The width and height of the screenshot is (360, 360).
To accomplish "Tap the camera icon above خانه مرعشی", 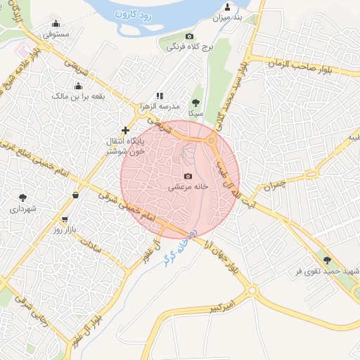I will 188,176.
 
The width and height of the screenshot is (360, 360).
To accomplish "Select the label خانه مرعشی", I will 188,188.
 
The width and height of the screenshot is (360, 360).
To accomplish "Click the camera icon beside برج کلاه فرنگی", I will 189,37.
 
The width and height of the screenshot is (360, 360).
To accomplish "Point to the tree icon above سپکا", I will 196,103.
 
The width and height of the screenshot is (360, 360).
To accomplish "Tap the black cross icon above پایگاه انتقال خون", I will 125,130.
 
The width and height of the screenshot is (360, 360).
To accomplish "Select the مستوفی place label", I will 56,33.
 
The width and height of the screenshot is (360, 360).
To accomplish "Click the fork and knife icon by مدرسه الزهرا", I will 160,96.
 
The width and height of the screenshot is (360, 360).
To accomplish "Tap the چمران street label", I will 273,185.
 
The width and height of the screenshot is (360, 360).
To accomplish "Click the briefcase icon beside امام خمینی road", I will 75,195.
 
